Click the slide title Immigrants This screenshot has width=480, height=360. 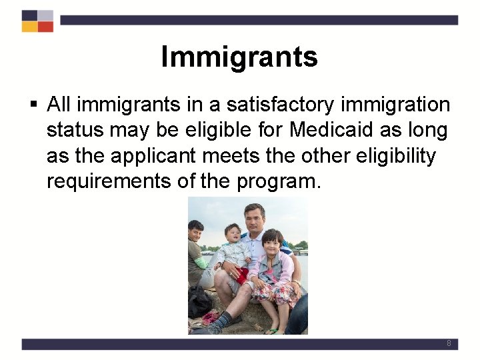239,57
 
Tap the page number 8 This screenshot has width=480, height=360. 449,343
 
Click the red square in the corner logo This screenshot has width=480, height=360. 45,27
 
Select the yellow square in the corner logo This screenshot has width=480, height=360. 29,27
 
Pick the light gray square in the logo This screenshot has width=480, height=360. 45,15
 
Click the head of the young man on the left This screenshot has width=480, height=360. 195,231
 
